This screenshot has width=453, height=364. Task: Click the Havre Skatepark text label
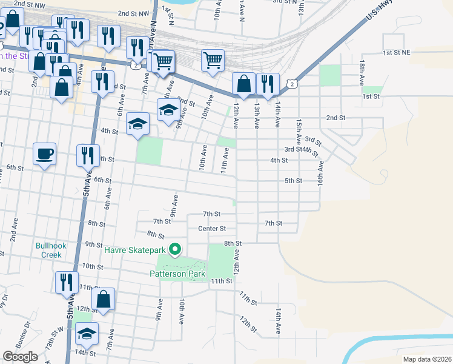(134, 249)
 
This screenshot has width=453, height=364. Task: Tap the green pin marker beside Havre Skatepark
(176, 249)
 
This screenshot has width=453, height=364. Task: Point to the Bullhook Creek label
(48, 250)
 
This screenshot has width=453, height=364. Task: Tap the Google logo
(20, 357)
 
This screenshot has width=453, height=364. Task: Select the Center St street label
(211, 229)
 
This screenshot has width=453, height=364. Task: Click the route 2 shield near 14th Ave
(293, 84)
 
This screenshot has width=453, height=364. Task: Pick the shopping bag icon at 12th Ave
(243, 84)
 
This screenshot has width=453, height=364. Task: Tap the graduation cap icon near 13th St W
(88, 334)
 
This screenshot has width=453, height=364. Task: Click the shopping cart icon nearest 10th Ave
(212, 61)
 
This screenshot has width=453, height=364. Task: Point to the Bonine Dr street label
(24, 343)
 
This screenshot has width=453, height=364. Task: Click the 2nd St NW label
(133, 13)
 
